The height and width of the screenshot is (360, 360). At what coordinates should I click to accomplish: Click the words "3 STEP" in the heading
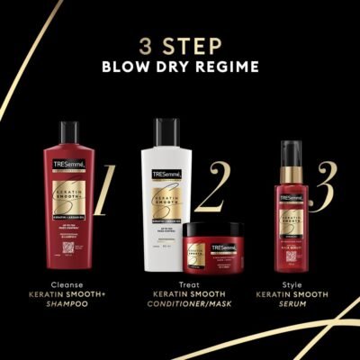179,46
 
